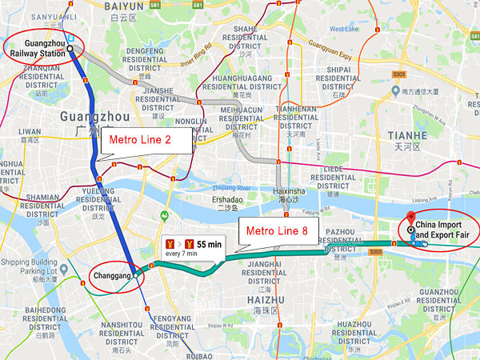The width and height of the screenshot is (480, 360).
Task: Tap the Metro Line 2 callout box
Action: click(146, 142)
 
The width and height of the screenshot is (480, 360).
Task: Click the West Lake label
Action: click(345, 30)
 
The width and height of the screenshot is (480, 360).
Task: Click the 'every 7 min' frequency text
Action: click(183, 254)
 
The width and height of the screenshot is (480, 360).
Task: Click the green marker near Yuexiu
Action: click(163, 215)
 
